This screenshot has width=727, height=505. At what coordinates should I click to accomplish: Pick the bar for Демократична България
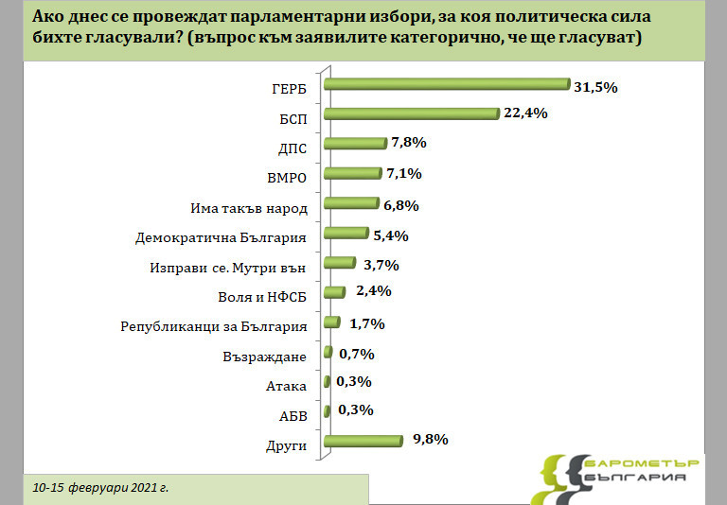[x=346, y=234]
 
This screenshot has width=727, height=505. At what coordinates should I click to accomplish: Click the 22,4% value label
[x=526, y=114]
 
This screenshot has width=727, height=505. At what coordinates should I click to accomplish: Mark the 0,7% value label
[x=355, y=354]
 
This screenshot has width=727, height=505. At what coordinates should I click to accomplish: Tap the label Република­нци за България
[x=215, y=327]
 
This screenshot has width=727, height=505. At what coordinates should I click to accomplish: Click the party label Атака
[x=288, y=386]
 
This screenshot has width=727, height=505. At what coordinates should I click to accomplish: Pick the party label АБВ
[x=293, y=415]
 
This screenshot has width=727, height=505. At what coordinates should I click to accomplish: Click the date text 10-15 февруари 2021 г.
[x=99, y=488]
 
